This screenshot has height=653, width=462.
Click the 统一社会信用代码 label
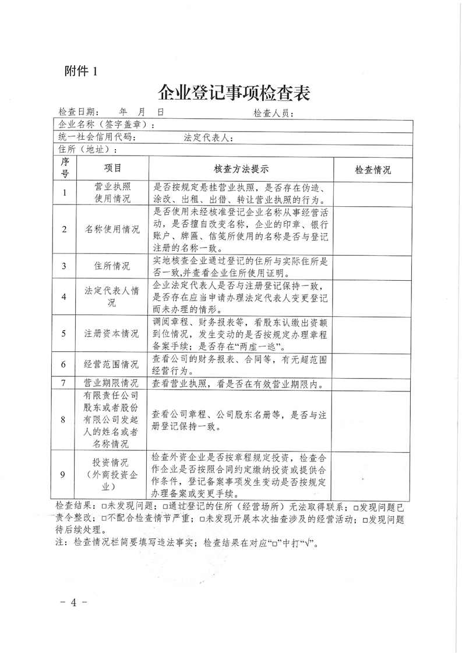[x=98, y=137]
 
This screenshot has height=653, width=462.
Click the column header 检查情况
[x=372, y=170]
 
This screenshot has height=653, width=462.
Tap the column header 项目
[x=112, y=168]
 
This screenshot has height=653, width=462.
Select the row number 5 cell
[x=64, y=334]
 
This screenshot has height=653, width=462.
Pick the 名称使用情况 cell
[x=112, y=229]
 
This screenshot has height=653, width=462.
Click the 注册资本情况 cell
[x=112, y=334]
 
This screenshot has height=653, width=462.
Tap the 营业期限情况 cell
[x=112, y=383]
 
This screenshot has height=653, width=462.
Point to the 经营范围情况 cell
[x=112, y=365]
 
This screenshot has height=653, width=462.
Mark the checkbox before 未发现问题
[x=104, y=504]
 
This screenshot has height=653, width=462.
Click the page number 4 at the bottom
[x=74, y=602]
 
